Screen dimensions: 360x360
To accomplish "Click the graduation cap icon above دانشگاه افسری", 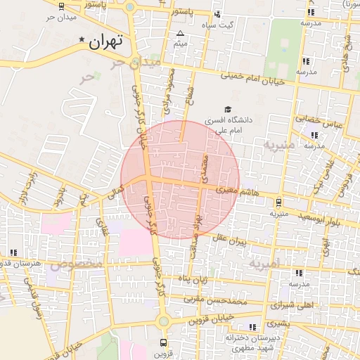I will [226, 110].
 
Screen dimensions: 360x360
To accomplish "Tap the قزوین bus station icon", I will [164, 343].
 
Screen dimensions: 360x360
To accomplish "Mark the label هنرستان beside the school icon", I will [22, 263].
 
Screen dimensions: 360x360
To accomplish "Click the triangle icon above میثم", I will [181, 34].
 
